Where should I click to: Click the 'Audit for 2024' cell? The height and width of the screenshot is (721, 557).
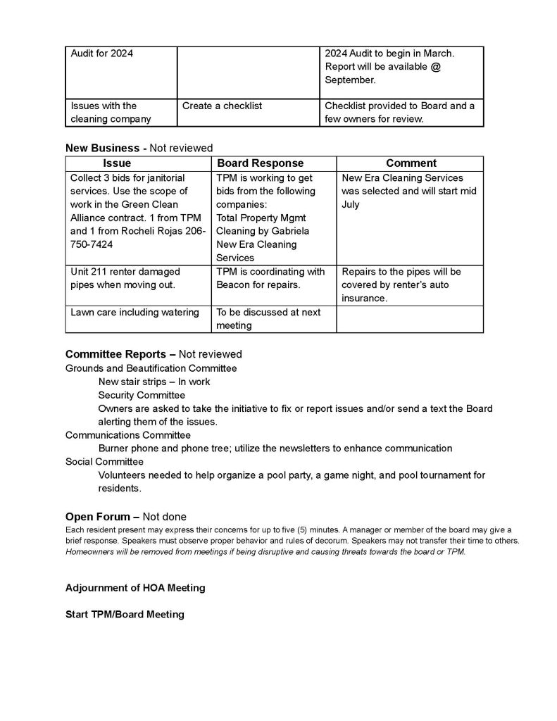[102, 54]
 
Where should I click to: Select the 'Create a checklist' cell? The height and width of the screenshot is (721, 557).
[222, 106]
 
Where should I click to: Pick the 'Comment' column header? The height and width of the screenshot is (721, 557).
[411, 163]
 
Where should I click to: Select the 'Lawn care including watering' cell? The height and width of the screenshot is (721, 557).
[134, 312]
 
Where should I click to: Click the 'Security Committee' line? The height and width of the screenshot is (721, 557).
[141, 395]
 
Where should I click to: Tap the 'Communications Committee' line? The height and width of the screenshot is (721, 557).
[127, 435]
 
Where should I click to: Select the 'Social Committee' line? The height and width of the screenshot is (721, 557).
[104, 461]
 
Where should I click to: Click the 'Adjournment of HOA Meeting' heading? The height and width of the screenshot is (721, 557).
[135, 588]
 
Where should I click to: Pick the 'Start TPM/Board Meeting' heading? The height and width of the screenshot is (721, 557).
[125, 614]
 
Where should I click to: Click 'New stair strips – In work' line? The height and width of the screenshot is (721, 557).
[154, 382]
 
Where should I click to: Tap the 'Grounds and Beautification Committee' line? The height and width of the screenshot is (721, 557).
[151, 368]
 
